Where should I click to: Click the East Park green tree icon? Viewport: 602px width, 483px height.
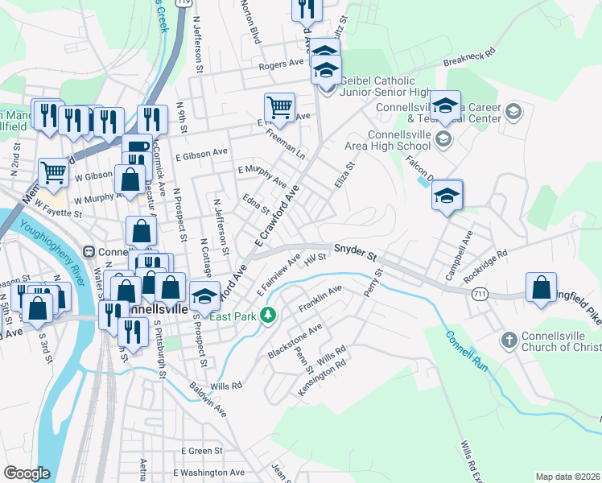click(x=272, y=316)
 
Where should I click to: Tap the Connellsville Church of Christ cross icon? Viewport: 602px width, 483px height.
click(x=508, y=340)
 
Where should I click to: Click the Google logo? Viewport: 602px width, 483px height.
click(x=27, y=473)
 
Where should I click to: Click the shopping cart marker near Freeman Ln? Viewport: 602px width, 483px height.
click(x=279, y=105)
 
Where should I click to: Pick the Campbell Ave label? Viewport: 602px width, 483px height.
click(x=460, y=245)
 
